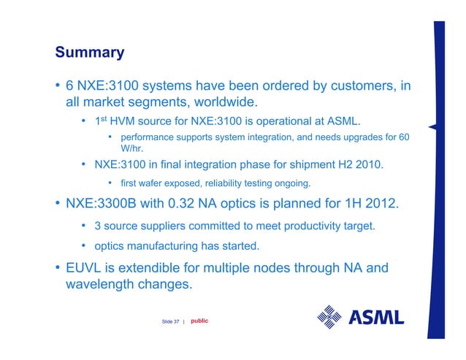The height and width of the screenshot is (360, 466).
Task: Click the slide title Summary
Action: (x=90, y=53)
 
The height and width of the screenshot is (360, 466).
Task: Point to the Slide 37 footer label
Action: (x=171, y=322)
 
